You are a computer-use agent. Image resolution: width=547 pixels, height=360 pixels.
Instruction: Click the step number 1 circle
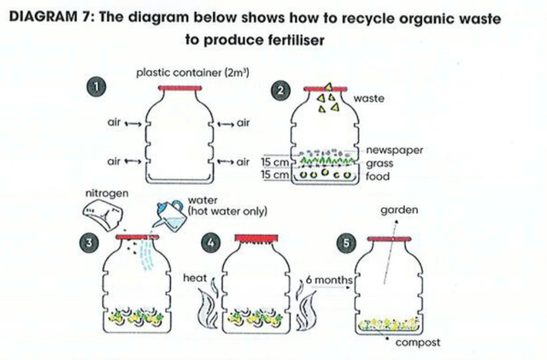pos(96,86)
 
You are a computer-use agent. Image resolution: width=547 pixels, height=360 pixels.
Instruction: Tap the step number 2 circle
pos(280,91)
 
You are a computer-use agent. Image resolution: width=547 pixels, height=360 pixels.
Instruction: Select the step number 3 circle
pos(89,243)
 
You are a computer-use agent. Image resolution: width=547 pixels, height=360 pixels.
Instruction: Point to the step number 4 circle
pos(211,243)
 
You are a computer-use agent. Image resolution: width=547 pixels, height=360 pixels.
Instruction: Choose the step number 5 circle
pos(346,243)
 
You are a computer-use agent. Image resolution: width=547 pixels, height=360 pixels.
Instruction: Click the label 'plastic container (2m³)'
pos(192,73)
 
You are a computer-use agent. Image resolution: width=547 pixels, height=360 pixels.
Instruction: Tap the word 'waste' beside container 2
pos(368,98)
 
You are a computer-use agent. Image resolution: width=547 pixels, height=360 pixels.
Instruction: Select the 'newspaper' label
pos(395,150)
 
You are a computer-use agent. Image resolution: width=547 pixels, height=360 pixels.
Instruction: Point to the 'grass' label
pos(379,163)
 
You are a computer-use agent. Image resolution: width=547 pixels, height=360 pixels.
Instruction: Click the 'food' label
pos(378,176)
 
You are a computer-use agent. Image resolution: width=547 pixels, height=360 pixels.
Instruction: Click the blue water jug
pos(171,215)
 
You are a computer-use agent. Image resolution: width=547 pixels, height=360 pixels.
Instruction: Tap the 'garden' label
pos(399,210)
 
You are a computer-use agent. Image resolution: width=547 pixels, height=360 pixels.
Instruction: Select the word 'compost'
pos(418,343)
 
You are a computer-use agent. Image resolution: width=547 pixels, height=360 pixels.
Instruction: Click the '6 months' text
pos(329,280)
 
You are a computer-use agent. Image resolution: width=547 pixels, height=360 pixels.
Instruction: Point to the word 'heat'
pos(195,278)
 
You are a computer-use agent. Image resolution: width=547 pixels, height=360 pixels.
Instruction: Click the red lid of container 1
pos(179,88)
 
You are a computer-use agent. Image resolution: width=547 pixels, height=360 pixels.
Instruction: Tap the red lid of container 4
pos(256,239)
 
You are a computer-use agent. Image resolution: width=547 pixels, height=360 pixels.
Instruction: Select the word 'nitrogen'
pos(107,193)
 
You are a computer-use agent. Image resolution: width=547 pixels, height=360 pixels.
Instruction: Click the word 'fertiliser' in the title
pos(297,40)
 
